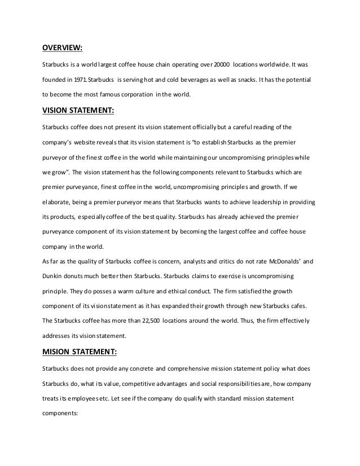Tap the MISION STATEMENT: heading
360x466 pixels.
[x=80, y=353]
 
